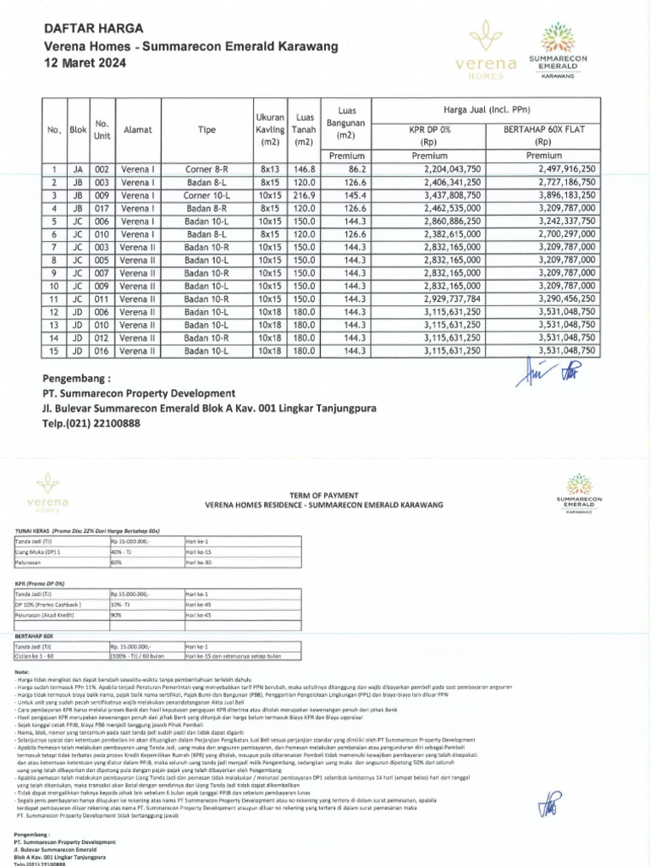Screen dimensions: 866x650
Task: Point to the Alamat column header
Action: pyautogui.click(x=138, y=131)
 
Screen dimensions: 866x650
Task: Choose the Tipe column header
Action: pyautogui.click(x=207, y=131)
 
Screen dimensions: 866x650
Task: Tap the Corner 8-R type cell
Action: pyautogui.click(x=207, y=169)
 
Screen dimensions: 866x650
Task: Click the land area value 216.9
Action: pyautogui.click(x=303, y=195)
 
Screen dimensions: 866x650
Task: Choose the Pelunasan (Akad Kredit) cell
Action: pyautogui.click(x=47, y=615)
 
